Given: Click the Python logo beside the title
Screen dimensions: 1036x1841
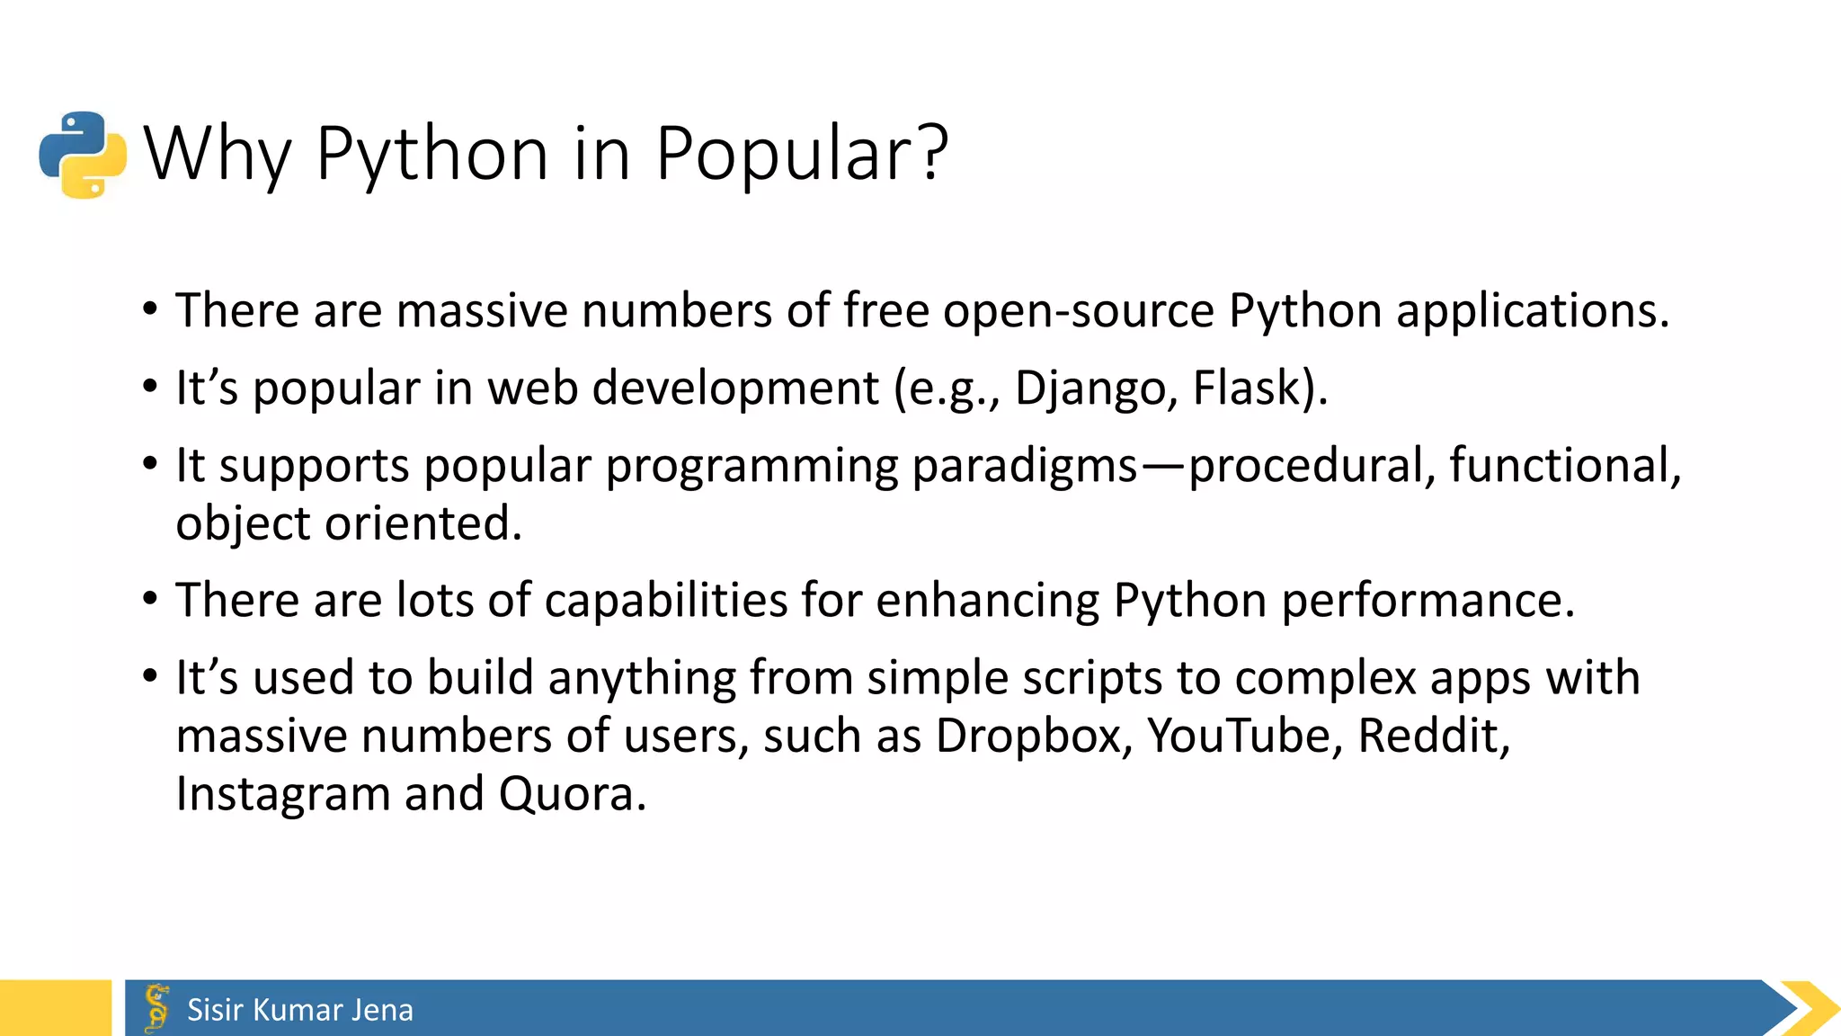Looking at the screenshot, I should click(x=83, y=155).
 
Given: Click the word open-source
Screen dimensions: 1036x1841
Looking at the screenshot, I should click(x=1079, y=311).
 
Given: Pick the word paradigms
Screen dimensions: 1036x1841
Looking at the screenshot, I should click(x=1025, y=466).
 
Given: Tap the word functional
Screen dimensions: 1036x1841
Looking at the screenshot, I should click(x=1564, y=466).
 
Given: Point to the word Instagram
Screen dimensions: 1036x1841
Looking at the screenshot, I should click(x=282, y=795).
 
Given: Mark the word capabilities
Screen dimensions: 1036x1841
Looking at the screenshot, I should click(x=665, y=601).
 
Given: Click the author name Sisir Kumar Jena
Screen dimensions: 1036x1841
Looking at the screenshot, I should click(x=300, y=1010).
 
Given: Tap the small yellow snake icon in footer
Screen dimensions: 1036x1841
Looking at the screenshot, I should click(x=157, y=1008).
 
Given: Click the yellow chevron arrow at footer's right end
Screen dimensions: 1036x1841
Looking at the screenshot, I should click(x=1810, y=1008).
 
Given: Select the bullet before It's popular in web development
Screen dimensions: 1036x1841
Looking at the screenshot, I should click(x=150, y=388).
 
